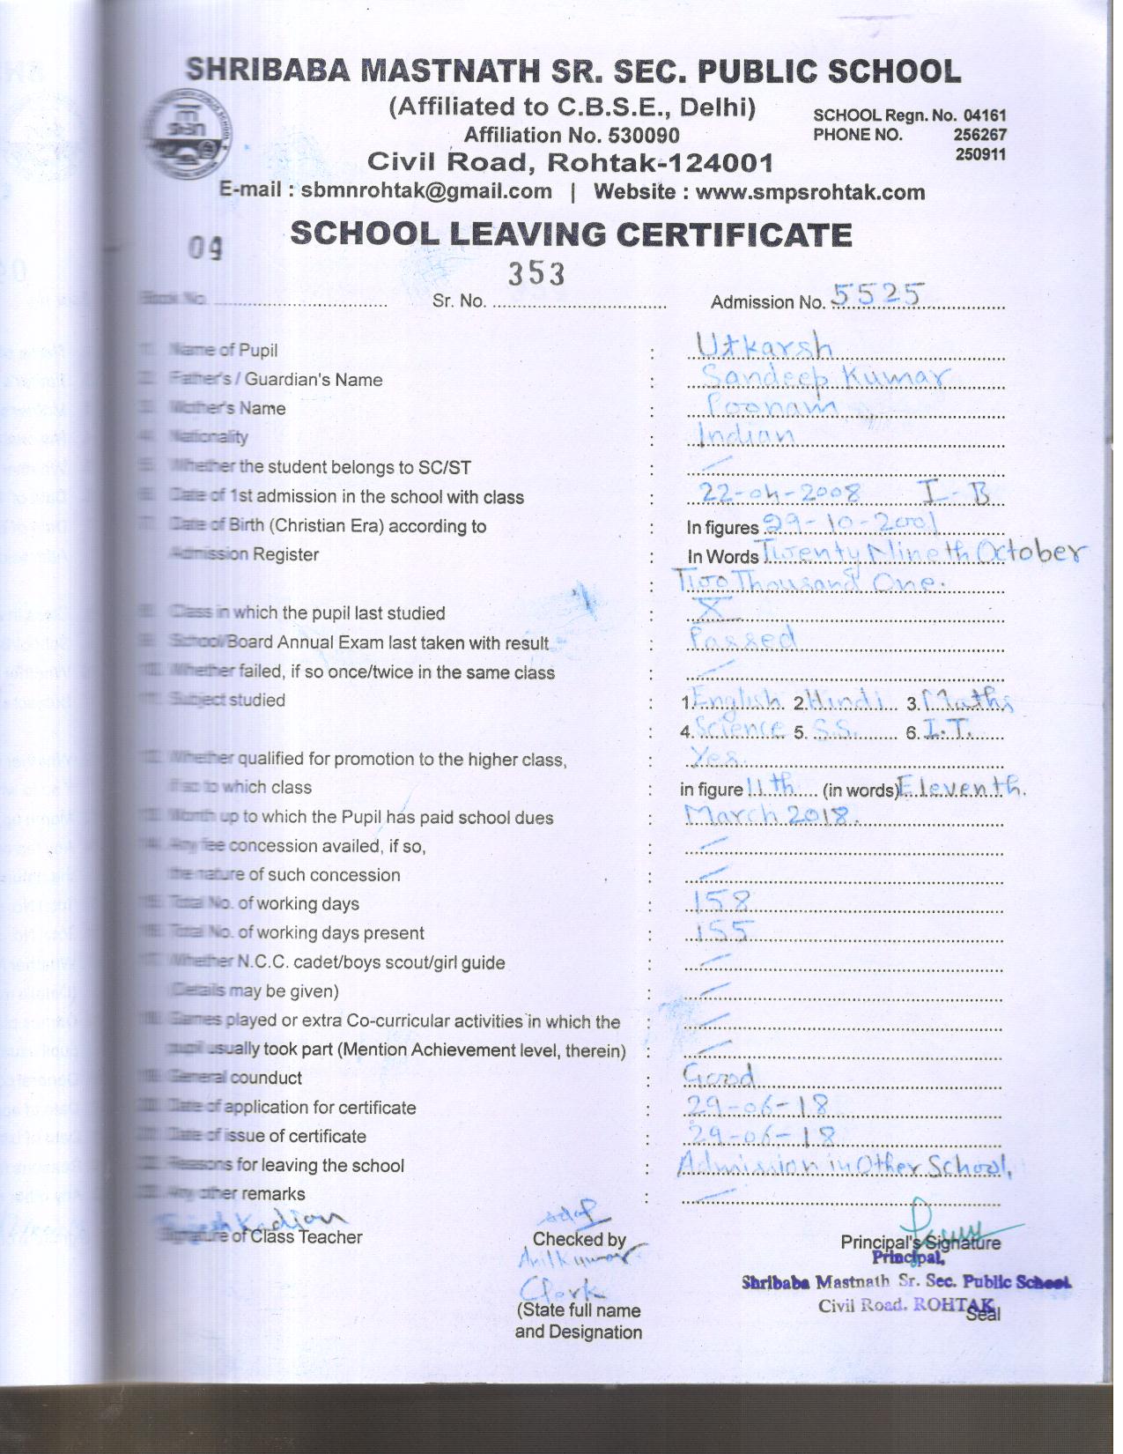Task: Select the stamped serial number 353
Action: [x=536, y=274]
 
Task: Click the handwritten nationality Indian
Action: [x=747, y=434]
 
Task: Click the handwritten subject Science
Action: [x=739, y=728]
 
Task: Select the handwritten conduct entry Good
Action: [x=719, y=1075]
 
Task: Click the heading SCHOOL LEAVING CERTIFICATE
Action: [x=571, y=234]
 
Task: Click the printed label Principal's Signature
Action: [x=920, y=1242]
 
